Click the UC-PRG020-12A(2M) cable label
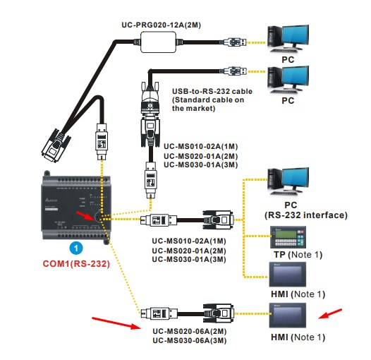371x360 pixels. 161,25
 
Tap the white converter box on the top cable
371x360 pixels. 159,42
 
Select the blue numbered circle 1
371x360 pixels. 76,248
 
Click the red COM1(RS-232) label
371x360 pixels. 76,264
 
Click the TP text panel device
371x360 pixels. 288,237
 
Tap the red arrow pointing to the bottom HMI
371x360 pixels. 330,314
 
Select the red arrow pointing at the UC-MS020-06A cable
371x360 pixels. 116,323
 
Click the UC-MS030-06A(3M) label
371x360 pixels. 190,340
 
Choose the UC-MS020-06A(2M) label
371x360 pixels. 190,331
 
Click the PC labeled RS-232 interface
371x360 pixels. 288,181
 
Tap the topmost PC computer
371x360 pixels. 288,39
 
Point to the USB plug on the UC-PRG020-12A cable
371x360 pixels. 236,42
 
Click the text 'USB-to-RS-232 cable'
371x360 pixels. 212,92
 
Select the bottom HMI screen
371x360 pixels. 288,316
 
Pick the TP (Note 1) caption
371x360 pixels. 298,255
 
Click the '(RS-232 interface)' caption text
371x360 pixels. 305,215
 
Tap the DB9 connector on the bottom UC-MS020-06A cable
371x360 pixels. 219,313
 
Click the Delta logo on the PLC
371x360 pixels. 51,200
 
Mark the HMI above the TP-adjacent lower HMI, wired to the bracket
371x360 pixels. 288,275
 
